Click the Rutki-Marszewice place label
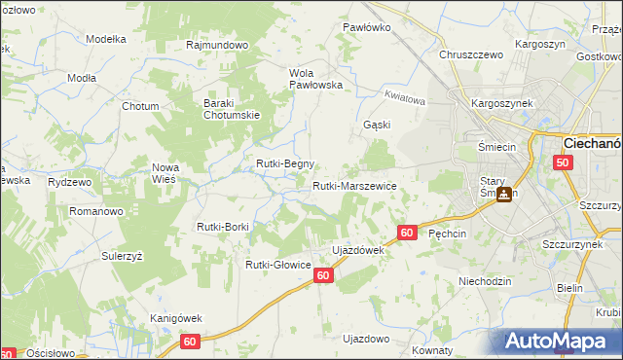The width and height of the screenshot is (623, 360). point(353,186)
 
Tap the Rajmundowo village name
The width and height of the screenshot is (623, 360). point(218,45)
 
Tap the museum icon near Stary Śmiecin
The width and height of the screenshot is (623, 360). point(503,194)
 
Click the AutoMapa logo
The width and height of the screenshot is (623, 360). point(559,342)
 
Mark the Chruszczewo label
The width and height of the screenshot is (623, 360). point(471,55)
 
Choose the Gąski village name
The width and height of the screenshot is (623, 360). point(377,126)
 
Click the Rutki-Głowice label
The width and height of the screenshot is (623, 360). point(277,265)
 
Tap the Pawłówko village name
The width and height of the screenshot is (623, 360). point(367,27)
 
